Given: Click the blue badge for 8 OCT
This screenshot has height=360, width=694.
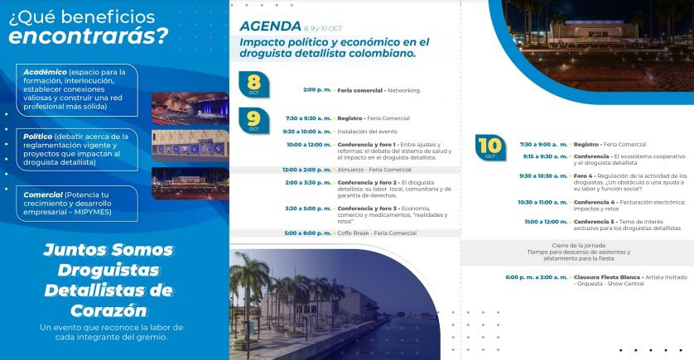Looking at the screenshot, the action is point(253,84).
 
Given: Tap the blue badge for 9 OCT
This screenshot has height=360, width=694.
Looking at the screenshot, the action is point(253,120).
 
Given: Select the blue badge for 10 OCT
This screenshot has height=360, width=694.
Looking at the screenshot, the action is point(490,147).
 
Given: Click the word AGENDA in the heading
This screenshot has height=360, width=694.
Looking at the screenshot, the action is point(270,26).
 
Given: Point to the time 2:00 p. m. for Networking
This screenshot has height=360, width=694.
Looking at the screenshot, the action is point(317,89).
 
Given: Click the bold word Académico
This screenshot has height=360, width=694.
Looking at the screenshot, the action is point(46,72).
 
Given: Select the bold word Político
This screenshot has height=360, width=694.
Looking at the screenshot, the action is point(37,137).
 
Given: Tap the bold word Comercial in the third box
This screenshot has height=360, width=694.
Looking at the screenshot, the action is point(43,194).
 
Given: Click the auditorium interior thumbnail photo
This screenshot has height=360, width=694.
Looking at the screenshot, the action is point(190,108).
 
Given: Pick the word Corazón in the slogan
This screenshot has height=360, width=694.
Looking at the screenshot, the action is point(108,310).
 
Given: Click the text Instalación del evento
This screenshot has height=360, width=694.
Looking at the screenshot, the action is point(368,132).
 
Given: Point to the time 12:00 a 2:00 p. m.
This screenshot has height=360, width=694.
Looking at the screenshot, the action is point(306,170).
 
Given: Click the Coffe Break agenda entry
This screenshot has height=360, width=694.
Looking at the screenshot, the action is point(377,233).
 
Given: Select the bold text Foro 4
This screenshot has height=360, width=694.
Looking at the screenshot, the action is point(583,176).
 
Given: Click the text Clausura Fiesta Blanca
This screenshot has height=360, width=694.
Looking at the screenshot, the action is point(607,277).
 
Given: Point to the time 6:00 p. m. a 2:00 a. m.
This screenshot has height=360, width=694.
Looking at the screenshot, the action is point(537,277).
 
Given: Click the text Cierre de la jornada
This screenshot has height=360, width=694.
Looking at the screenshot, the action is point(579,246).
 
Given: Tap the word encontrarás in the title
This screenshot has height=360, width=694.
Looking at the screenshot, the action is point(82,36).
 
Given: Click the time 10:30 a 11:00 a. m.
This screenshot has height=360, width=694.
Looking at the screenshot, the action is point(542,202).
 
